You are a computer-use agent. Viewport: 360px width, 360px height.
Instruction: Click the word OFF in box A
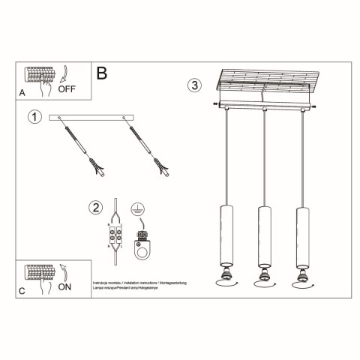[67, 87]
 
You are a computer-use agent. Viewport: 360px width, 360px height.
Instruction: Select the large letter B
[102, 73]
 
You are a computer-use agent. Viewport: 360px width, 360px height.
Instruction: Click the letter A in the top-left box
[22, 93]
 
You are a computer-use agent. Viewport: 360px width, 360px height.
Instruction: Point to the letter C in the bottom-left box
[22, 291]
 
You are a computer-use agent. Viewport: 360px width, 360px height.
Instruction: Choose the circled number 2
[94, 208]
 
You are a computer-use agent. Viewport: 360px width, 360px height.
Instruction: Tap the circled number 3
[194, 85]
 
